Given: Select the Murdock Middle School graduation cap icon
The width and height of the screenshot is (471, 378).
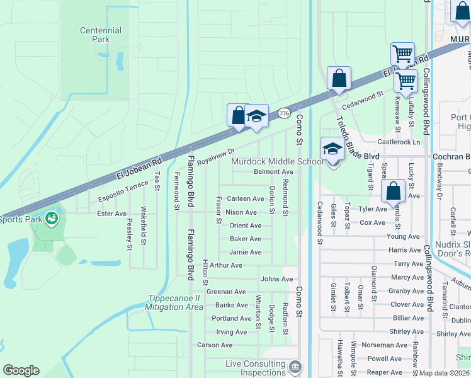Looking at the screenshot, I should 332,149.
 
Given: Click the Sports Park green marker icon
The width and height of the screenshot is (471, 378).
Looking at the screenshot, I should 52,219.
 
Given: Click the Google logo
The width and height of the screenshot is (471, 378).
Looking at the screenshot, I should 21,370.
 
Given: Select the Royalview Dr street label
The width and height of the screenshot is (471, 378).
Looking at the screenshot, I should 215,156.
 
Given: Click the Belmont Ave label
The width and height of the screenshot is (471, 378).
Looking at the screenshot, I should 273,171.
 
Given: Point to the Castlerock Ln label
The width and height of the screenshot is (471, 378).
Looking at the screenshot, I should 399,142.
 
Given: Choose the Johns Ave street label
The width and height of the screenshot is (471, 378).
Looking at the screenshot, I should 277,279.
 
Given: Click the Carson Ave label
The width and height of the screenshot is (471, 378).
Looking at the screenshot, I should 215,345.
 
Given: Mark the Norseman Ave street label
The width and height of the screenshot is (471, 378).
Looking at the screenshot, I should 389,345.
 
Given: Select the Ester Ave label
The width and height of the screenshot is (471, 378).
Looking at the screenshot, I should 112,214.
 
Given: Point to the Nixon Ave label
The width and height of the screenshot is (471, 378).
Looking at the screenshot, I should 241,212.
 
